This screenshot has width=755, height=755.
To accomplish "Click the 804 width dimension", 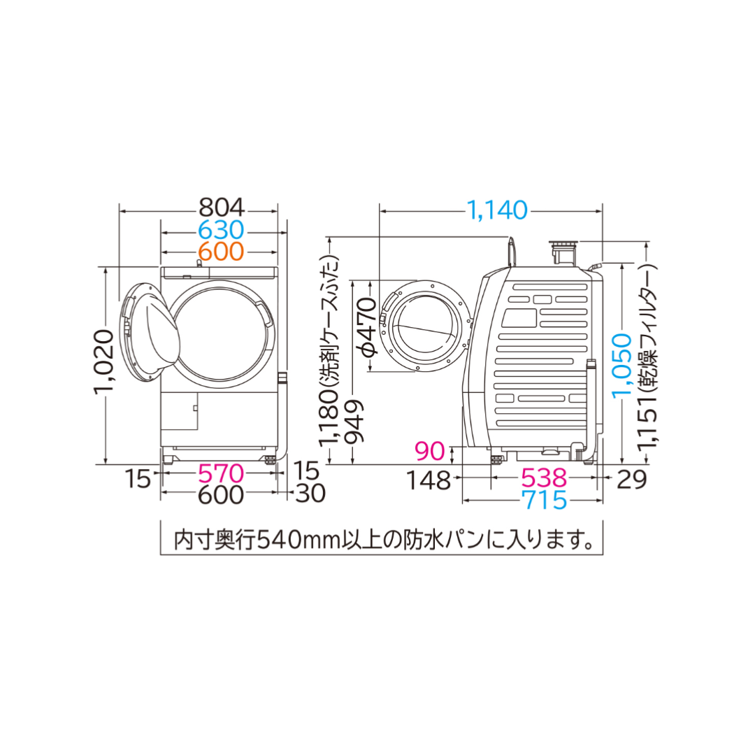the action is tap(222, 208).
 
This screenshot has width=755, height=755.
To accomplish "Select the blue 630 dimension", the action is tap(222, 231).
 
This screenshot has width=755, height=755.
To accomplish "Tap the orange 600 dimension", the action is tap(222, 252).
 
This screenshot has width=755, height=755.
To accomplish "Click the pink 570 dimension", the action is tap(221, 473).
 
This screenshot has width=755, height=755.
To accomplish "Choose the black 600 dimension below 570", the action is tap(221, 494).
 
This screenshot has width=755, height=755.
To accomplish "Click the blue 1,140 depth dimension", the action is tap(497, 210).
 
